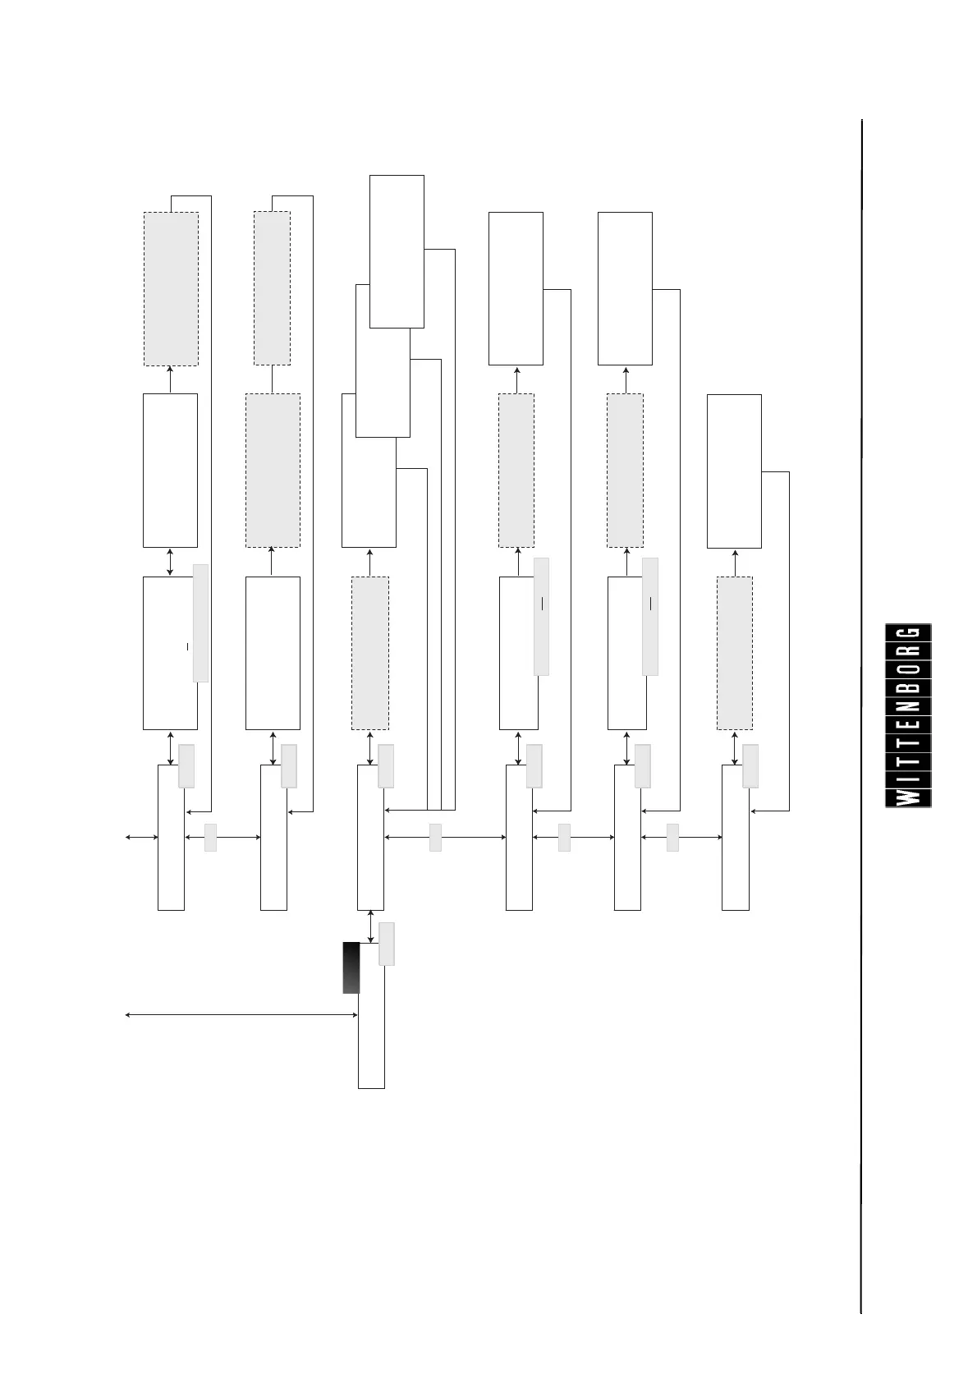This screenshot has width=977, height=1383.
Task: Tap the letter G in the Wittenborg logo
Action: click(908, 634)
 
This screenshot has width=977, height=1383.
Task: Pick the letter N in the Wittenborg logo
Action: click(908, 705)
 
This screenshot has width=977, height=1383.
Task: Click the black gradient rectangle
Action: click(351, 967)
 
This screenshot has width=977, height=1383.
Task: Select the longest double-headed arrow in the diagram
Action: click(241, 1015)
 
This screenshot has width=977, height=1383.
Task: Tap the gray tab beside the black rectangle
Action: click(387, 944)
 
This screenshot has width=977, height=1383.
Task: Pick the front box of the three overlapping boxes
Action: click(397, 250)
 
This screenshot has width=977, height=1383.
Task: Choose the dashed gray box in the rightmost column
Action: click(735, 653)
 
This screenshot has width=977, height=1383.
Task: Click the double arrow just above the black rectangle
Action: click(370, 926)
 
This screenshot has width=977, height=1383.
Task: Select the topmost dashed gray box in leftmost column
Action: click(171, 288)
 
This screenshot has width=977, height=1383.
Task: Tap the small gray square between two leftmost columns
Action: click(210, 838)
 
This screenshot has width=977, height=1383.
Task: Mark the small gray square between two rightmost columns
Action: click(672, 838)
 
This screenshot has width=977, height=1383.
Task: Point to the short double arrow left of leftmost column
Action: click(141, 838)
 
